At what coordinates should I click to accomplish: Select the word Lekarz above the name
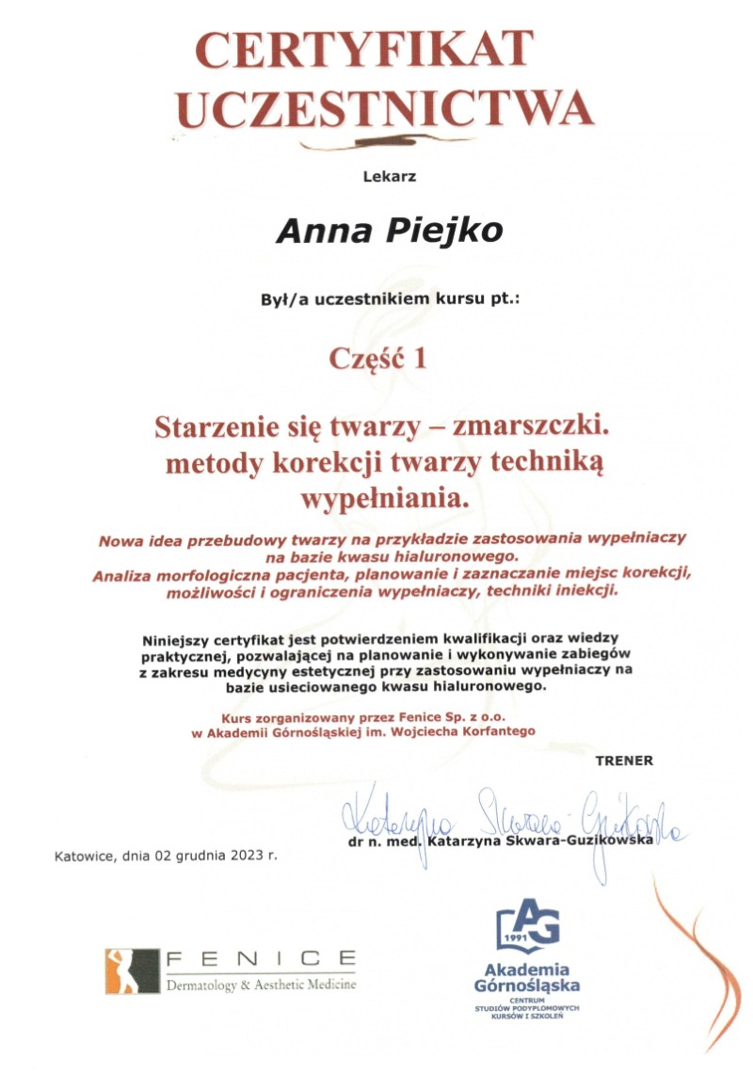(x=389, y=176)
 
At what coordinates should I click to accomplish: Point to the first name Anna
(x=317, y=231)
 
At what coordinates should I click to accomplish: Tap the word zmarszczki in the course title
(x=532, y=427)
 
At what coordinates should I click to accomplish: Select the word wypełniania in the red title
(x=381, y=499)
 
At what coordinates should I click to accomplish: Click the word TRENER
(x=623, y=760)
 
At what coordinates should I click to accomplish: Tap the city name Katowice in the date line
(x=88, y=857)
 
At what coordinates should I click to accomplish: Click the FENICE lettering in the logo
(x=260, y=959)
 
